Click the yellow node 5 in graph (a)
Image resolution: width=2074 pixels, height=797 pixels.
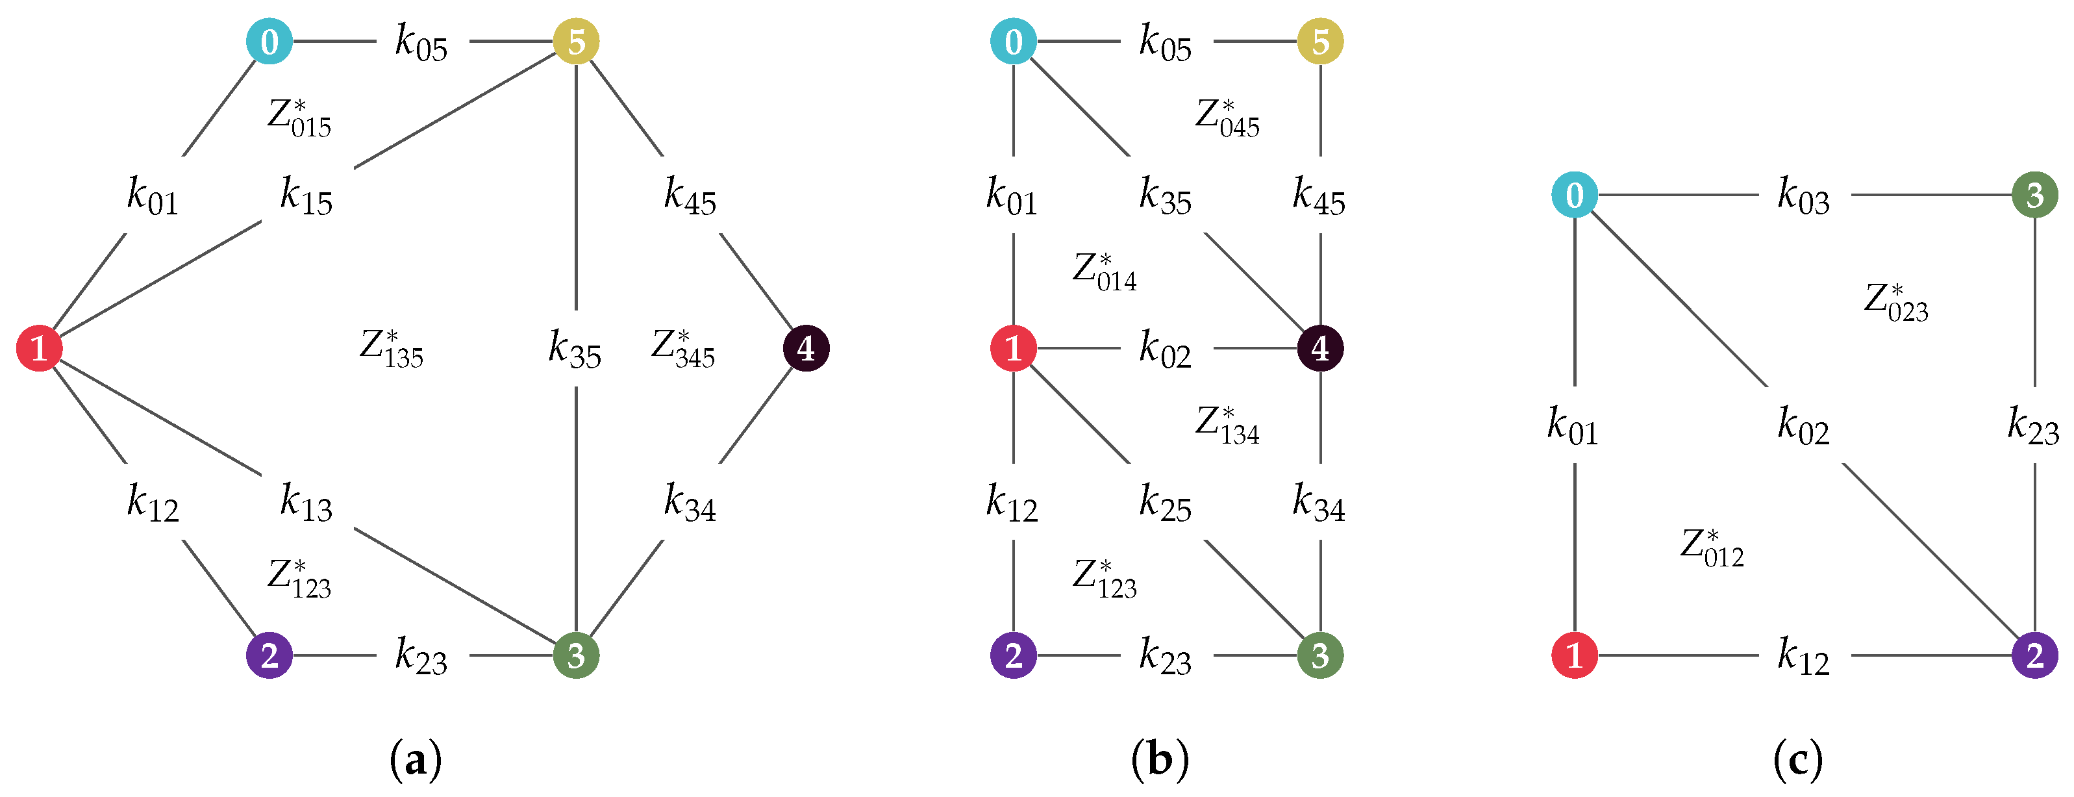point(576,41)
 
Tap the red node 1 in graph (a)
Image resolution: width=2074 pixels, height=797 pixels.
point(39,348)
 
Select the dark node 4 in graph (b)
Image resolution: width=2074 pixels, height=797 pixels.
point(1319,348)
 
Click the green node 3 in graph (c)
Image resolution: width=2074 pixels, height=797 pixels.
point(2034,194)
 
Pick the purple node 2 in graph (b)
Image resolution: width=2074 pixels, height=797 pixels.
point(1013,655)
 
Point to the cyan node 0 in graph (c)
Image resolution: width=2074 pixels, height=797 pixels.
point(1574,194)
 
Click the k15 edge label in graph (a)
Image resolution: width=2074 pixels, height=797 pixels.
point(306,196)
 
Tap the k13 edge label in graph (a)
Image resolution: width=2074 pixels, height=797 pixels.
point(306,502)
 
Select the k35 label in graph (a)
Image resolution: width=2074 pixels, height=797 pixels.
point(575,349)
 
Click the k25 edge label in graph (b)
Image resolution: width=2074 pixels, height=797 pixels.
point(1165,502)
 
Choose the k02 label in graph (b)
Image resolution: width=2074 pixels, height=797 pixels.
point(1165,349)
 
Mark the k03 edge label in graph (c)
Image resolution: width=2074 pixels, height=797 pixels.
point(1803,196)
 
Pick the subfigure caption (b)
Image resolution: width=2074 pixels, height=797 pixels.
point(1159,759)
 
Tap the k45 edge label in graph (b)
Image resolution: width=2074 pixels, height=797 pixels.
point(1319,196)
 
